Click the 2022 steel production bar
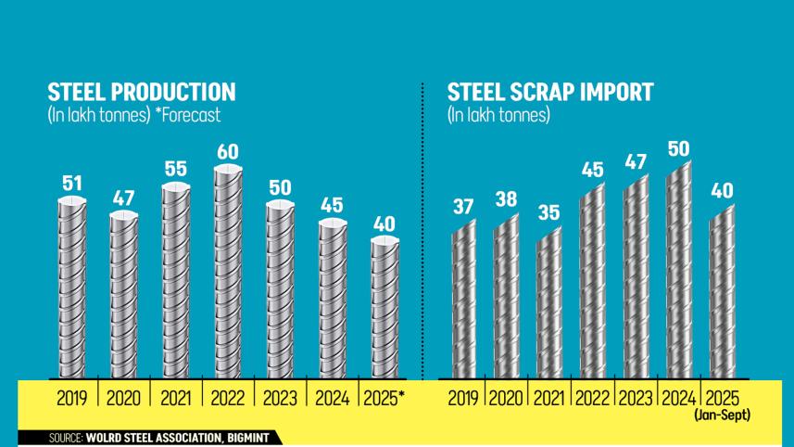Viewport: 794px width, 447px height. coord(228,274)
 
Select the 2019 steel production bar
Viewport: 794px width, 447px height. coord(71,287)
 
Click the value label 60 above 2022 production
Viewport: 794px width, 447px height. coord(228,151)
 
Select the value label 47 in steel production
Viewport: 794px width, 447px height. coord(123,198)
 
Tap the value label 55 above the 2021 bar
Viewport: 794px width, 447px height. coord(176,170)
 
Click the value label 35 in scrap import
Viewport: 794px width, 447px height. coord(548,212)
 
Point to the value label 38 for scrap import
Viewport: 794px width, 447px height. coord(506,199)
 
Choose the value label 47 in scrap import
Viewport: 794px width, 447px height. coord(636,162)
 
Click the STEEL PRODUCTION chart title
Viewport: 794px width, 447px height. coord(141,93)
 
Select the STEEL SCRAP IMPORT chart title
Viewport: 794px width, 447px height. coord(550,93)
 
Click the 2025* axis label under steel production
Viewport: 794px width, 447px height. coord(384,399)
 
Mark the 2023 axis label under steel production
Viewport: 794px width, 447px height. coord(280,399)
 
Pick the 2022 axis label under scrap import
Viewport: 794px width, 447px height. coord(593,399)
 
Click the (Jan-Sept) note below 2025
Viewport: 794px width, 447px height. coord(722,416)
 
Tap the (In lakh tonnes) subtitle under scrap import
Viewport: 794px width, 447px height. coord(498,116)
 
